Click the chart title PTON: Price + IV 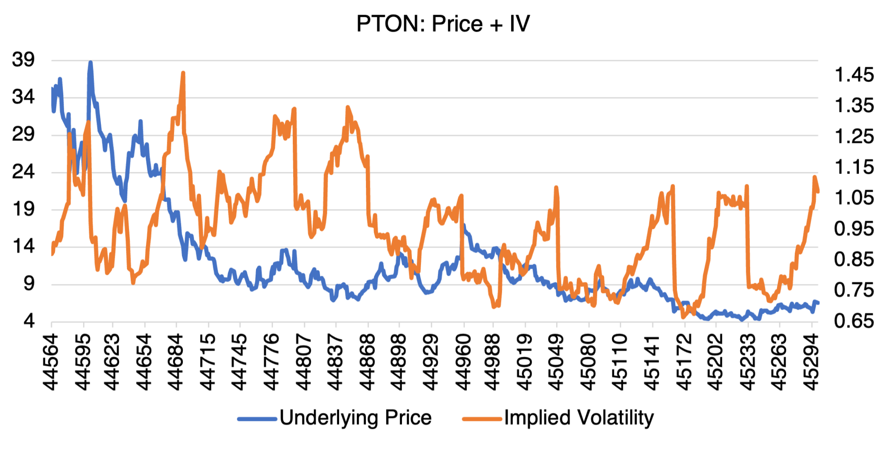[x=443, y=24]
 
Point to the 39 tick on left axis [x=23, y=59]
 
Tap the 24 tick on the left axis [x=23, y=171]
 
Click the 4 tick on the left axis [x=29, y=321]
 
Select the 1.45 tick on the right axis [x=854, y=75]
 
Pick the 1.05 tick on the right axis [x=854, y=197]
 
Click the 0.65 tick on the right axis [x=854, y=321]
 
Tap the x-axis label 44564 [x=51, y=362]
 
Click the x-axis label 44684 [x=176, y=362]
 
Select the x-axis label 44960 [x=464, y=362]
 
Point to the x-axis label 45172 [x=684, y=362]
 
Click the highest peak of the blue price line [x=91, y=63]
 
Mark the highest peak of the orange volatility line [x=183, y=73]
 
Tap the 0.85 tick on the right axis [x=854, y=259]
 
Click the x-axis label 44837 [x=336, y=362]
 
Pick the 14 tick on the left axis [x=23, y=246]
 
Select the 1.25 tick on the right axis [x=854, y=136]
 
